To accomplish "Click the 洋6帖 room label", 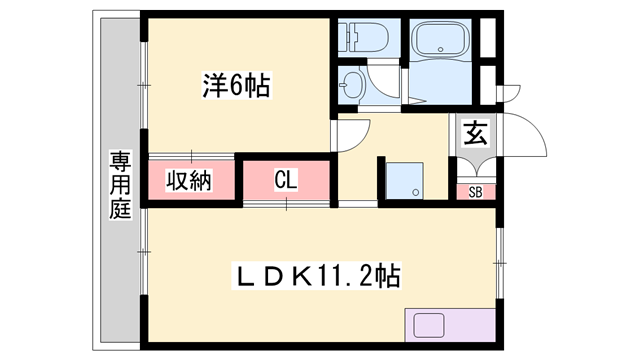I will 237,87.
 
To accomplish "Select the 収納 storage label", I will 189,181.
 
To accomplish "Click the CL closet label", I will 286,181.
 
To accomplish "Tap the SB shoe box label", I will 474,191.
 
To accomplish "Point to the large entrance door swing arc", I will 530,135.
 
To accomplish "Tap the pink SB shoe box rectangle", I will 474,191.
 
